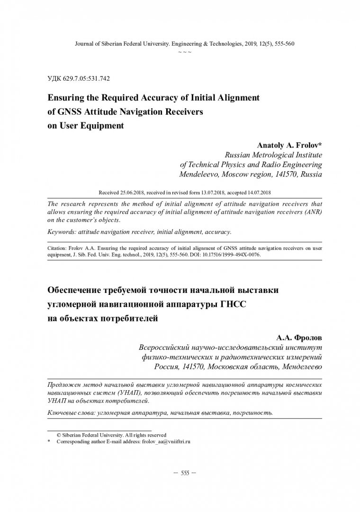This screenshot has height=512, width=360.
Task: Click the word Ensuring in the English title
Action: (x=66, y=98)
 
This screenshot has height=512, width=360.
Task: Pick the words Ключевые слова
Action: (x=71, y=413)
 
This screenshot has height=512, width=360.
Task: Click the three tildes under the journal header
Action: (x=185, y=51)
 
